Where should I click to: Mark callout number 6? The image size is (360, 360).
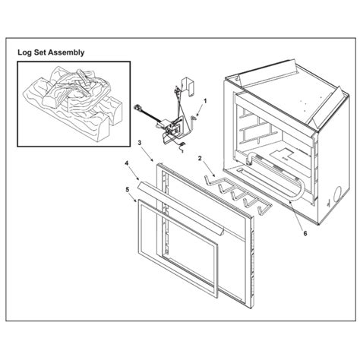305,234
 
